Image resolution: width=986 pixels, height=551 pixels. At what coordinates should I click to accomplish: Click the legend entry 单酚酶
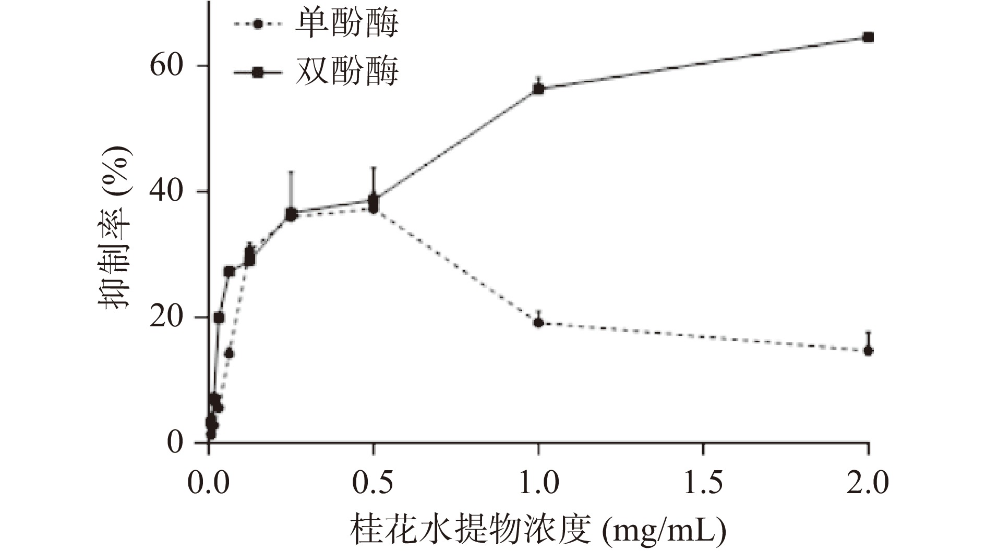pos(346,24)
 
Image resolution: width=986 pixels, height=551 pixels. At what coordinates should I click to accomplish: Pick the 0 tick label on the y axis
pos(176,443)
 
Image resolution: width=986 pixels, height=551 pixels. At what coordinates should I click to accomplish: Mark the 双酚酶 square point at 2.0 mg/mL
pos(868,38)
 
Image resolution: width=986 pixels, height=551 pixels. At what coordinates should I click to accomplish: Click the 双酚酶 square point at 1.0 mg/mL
pos(538,89)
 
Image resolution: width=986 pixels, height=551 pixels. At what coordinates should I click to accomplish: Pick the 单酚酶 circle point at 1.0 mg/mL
pos(538,323)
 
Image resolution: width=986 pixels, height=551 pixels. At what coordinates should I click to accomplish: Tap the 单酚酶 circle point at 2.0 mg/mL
pos(868,351)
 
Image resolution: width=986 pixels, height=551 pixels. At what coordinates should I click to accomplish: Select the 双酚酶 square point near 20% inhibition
pos(219,317)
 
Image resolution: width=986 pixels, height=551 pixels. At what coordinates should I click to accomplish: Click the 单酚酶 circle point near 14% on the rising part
pos(229,354)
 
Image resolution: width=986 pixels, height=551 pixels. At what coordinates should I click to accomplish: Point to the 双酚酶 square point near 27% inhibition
pos(229,271)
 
